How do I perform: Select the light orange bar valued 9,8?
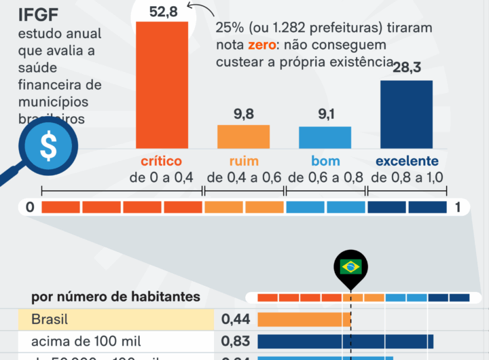point(244,137)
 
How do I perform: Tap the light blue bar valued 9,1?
point(325,137)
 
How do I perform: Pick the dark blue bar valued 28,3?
point(406,114)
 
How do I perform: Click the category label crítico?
point(161,162)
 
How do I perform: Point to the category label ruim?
point(244,162)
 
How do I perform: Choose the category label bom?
point(325,162)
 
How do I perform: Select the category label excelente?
point(407,162)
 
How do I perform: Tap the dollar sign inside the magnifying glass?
point(48,147)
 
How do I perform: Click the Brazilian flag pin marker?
point(350,267)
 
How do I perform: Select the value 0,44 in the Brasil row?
point(236,319)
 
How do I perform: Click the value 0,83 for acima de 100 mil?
point(236,341)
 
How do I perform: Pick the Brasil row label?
point(50,319)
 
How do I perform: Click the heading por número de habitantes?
point(115,297)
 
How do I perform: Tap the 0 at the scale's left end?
point(30,207)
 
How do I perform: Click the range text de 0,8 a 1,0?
point(407,178)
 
